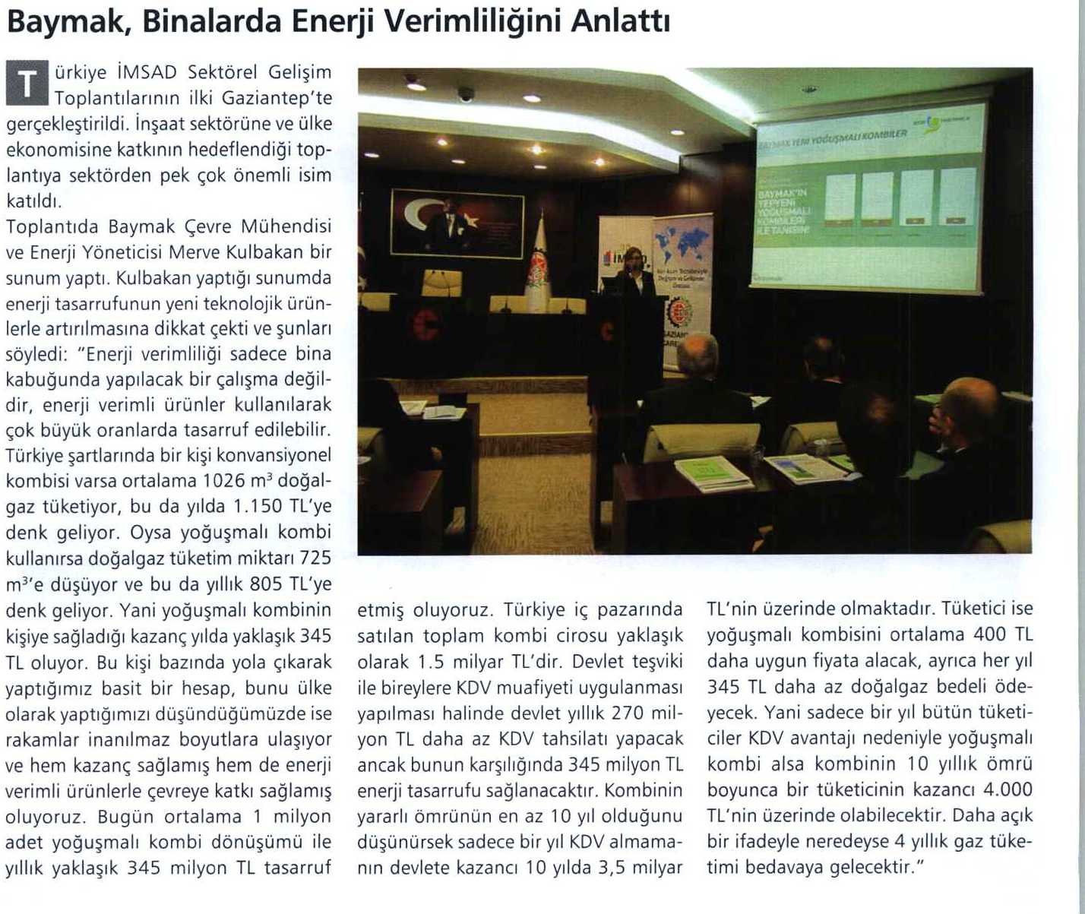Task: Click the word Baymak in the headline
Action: [58, 23]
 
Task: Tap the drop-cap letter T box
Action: [27, 84]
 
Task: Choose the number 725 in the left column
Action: [315, 558]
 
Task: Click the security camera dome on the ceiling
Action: [465, 94]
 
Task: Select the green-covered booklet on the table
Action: [713, 473]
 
